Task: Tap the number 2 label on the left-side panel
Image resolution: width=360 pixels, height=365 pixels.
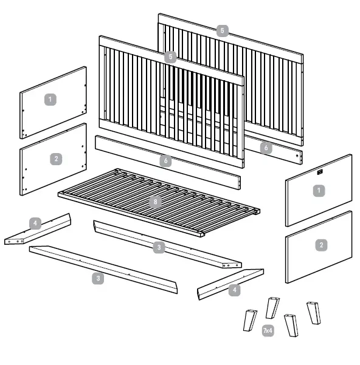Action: pos(57,159)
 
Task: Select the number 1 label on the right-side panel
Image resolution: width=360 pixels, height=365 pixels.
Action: pos(317,191)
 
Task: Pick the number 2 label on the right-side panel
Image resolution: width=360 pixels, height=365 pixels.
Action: pos(320,245)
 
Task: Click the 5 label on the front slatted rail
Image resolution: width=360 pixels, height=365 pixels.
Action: pos(171,56)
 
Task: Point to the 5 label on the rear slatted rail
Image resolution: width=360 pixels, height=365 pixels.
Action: pos(223,30)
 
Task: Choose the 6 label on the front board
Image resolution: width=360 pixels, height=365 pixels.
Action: pos(166,161)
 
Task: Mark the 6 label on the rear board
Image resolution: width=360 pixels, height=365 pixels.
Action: pos(266,147)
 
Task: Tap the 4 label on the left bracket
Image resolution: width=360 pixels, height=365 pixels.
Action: pos(35,223)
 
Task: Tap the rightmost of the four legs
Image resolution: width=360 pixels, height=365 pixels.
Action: pos(314,312)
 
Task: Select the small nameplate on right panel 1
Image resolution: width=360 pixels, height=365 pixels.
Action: pos(320,172)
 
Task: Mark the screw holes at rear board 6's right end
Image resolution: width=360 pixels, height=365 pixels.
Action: pos(297,156)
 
